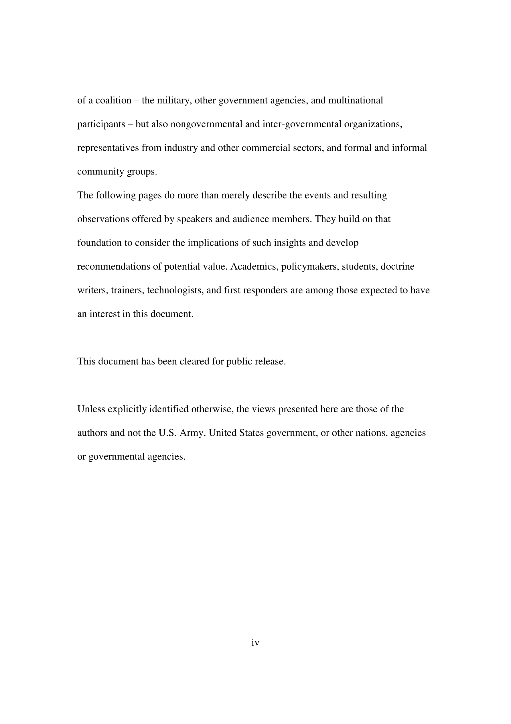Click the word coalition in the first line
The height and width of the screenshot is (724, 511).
pos(113,101)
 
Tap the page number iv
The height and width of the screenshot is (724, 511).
pos(255,643)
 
